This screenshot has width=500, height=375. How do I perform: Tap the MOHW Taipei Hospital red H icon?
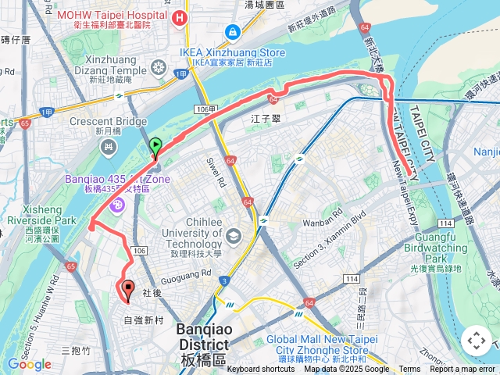181,17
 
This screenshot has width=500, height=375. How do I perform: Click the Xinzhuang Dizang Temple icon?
159,68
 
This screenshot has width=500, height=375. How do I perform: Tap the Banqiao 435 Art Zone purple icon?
118,205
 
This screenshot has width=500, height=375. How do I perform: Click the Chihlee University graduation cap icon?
234,235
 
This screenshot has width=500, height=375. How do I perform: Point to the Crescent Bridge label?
108,122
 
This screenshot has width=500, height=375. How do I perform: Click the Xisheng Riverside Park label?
38,220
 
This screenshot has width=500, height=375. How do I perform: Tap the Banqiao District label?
202,337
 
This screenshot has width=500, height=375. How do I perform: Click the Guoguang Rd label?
185,273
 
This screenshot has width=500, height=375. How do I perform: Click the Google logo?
29,364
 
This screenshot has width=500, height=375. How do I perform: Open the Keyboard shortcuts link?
261,370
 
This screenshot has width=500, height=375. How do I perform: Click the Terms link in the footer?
409,370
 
